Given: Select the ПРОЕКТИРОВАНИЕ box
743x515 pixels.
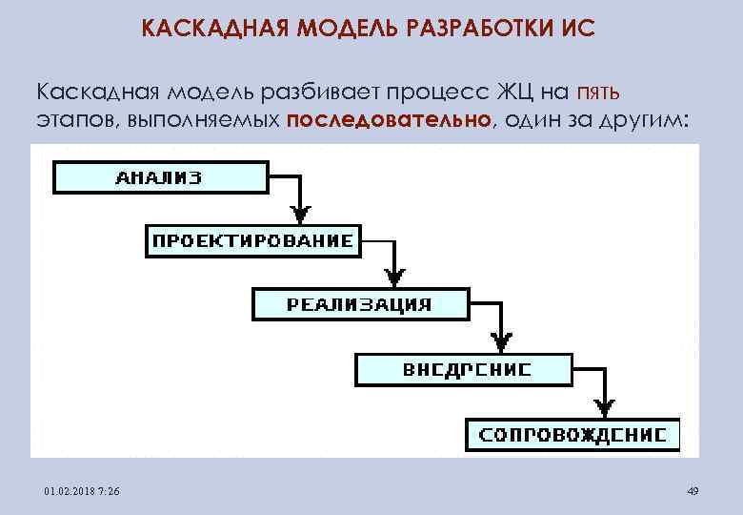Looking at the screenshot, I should click(x=252, y=240).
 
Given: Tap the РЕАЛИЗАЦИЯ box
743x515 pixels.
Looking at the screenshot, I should click(x=359, y=305).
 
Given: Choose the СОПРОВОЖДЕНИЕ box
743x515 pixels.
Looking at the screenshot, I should click(x=572, y=434).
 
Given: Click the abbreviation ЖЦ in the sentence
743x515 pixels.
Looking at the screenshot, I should click(x=515, y=91).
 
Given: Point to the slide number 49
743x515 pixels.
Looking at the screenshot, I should click(x=693, y=491).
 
